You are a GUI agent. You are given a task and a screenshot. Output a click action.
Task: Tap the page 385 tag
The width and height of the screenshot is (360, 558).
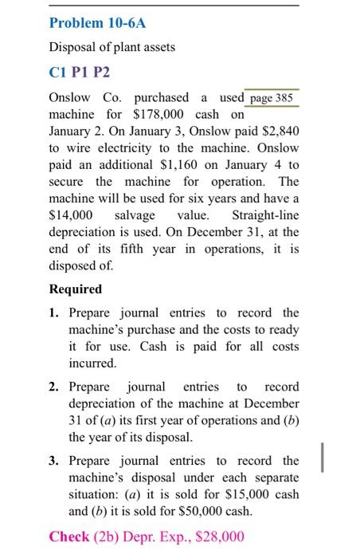pyautogui.click(x=272, y=98)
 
